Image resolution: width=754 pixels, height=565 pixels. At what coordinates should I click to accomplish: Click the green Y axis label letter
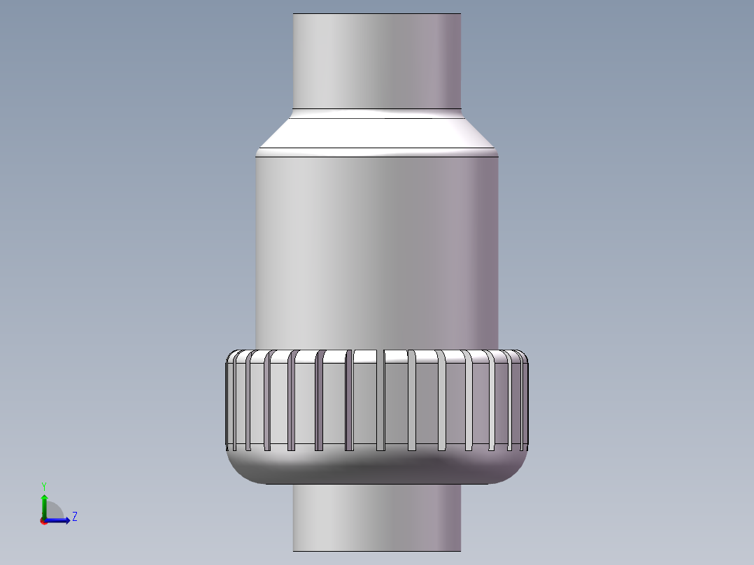pyautogui.click(x=43, y=485)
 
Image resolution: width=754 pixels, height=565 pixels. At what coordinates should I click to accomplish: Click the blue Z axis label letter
pyautogui.click(x=74, y=517)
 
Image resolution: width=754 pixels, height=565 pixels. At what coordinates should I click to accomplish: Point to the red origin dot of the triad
pyautogui.click(x=43, y=521)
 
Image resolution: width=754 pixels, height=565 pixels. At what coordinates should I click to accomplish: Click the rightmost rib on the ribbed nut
pyautogui.click(x=525, y=402)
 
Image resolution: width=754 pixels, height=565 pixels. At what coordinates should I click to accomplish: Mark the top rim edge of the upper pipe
pyautogui.click(x=376, y=13)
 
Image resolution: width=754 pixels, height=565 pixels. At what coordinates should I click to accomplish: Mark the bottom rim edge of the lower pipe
pyautogui.click(x=376, y=551)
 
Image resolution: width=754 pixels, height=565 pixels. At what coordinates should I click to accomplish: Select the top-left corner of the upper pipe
pyautogui.click(x=294, y=14)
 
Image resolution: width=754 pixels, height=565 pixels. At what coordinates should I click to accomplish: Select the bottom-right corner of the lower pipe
pyautogui.click(x=460, y=550)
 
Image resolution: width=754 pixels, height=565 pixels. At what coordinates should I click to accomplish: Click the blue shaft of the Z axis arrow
pyautogui.click(x=56, y=520)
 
